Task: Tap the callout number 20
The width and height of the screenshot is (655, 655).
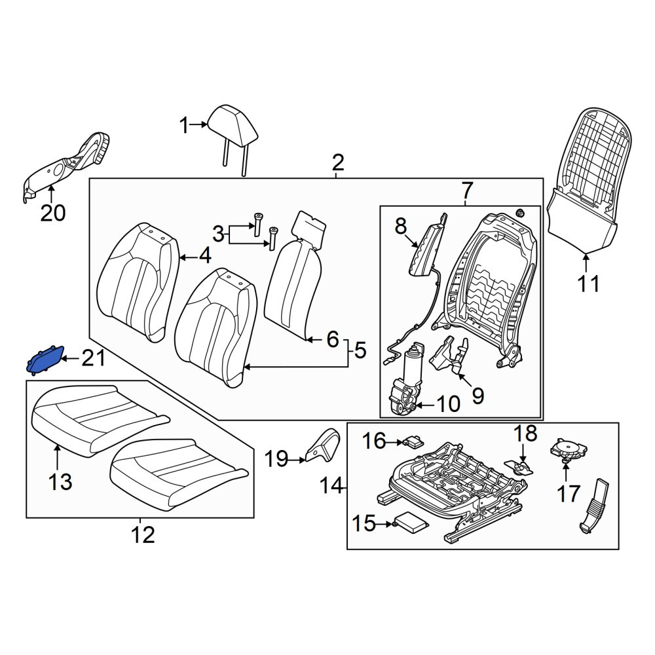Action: tap(53, 213)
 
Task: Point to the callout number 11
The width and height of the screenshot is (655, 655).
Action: tap(588, 284)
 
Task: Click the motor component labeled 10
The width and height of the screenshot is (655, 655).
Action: tap(403, 380)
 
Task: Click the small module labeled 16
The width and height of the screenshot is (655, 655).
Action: tap(413, 440)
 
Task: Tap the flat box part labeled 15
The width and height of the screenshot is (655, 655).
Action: tap(411, 523)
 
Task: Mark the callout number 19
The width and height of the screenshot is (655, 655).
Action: tap(276, 460)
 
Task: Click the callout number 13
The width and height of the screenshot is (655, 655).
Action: tap(60, 481)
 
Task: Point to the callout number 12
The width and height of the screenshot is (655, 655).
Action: tap(143, 534)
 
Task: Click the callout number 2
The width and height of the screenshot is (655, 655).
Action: tap(337, 162)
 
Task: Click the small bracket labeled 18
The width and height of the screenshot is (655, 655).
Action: tap(519, 467)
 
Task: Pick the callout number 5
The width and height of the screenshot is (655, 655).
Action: tap(360, 350)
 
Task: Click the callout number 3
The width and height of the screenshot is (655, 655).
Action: tap(218, 234)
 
